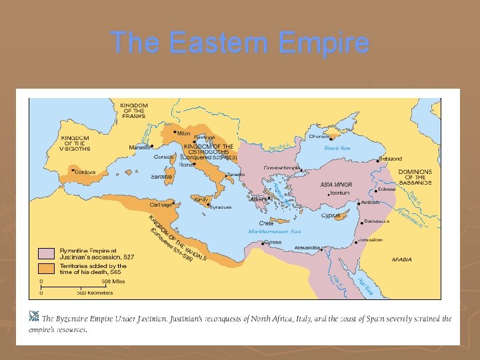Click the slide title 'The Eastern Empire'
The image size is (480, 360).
pos(240,42)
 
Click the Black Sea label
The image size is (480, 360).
pos(337,148)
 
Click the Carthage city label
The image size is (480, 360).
pos(161,205)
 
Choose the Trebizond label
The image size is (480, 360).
pos(390,159)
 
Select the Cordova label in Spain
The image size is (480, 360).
pos(85,172)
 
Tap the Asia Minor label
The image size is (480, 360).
pos(336,184)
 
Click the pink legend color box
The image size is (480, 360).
pos(46,253)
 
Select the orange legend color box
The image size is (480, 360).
pos(46,268)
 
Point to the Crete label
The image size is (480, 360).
pos(266,223)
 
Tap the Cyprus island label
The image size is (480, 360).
pos(331,215)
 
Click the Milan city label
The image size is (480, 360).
pos(183,133)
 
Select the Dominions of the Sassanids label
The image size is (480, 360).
pos(415,177)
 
